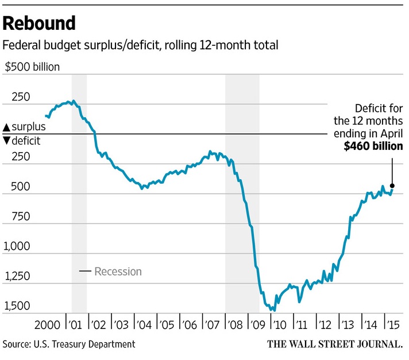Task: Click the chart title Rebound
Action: tap(39, 24)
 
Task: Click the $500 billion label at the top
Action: tap(32, 67)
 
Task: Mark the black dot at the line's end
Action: tap(392, 185)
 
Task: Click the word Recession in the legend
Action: tap(118, 272)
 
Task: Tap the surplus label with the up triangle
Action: tap(24, 127)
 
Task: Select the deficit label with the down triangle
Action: tap(22, 140)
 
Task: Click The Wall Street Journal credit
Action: tap(334, 344)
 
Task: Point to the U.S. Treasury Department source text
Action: tap(86, 344)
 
